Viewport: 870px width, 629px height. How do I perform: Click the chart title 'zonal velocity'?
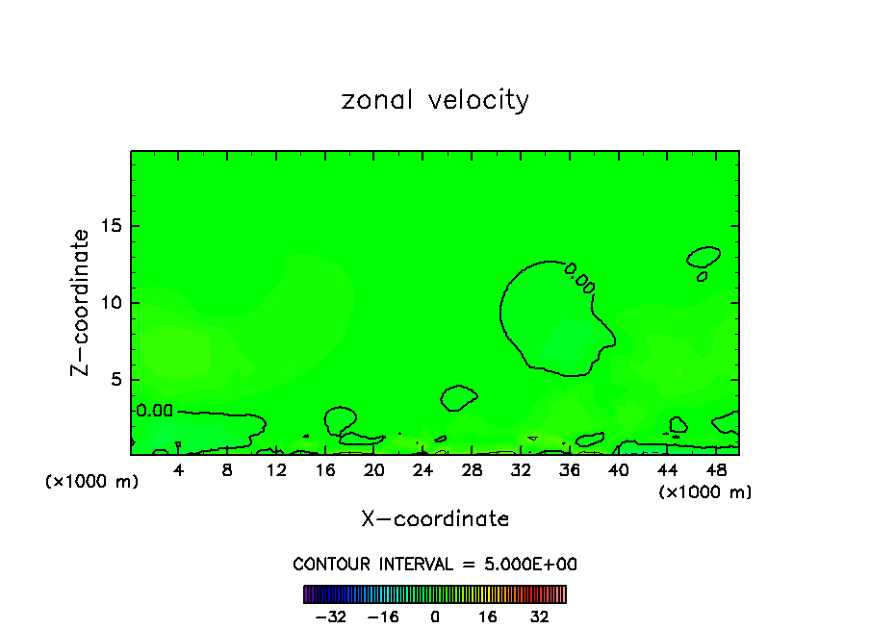tap(435, 100)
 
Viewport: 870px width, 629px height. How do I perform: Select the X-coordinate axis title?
tap(435, 519)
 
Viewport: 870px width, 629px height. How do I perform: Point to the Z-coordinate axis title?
tap(82, 302)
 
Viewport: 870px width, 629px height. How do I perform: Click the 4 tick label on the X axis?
tap(179, 470)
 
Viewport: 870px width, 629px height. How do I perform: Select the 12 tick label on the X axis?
tap(276, 470)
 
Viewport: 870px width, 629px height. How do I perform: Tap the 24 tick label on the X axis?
tap(422, 470)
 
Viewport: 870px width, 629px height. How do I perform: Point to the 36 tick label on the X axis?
tap(569, 470)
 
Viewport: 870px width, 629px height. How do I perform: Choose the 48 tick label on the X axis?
tap(715, 470)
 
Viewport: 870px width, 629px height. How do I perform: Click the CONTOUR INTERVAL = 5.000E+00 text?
tap(435, 564)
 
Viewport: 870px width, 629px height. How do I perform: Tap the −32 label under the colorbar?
tap(332, 616)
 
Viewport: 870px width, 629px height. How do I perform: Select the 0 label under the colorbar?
tap(435, 616)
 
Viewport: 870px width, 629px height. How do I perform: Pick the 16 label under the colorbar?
tap(488, 616)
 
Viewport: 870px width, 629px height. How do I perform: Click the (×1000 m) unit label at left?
tap(92, 482)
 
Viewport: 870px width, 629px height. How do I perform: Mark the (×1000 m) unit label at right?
tap(705, 492)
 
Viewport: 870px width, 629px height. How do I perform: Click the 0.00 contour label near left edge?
tap(154, 411)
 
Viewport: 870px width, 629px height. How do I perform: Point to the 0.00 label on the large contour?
tap(579, 278)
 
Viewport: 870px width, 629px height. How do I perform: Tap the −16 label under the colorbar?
tap(383, 616)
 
